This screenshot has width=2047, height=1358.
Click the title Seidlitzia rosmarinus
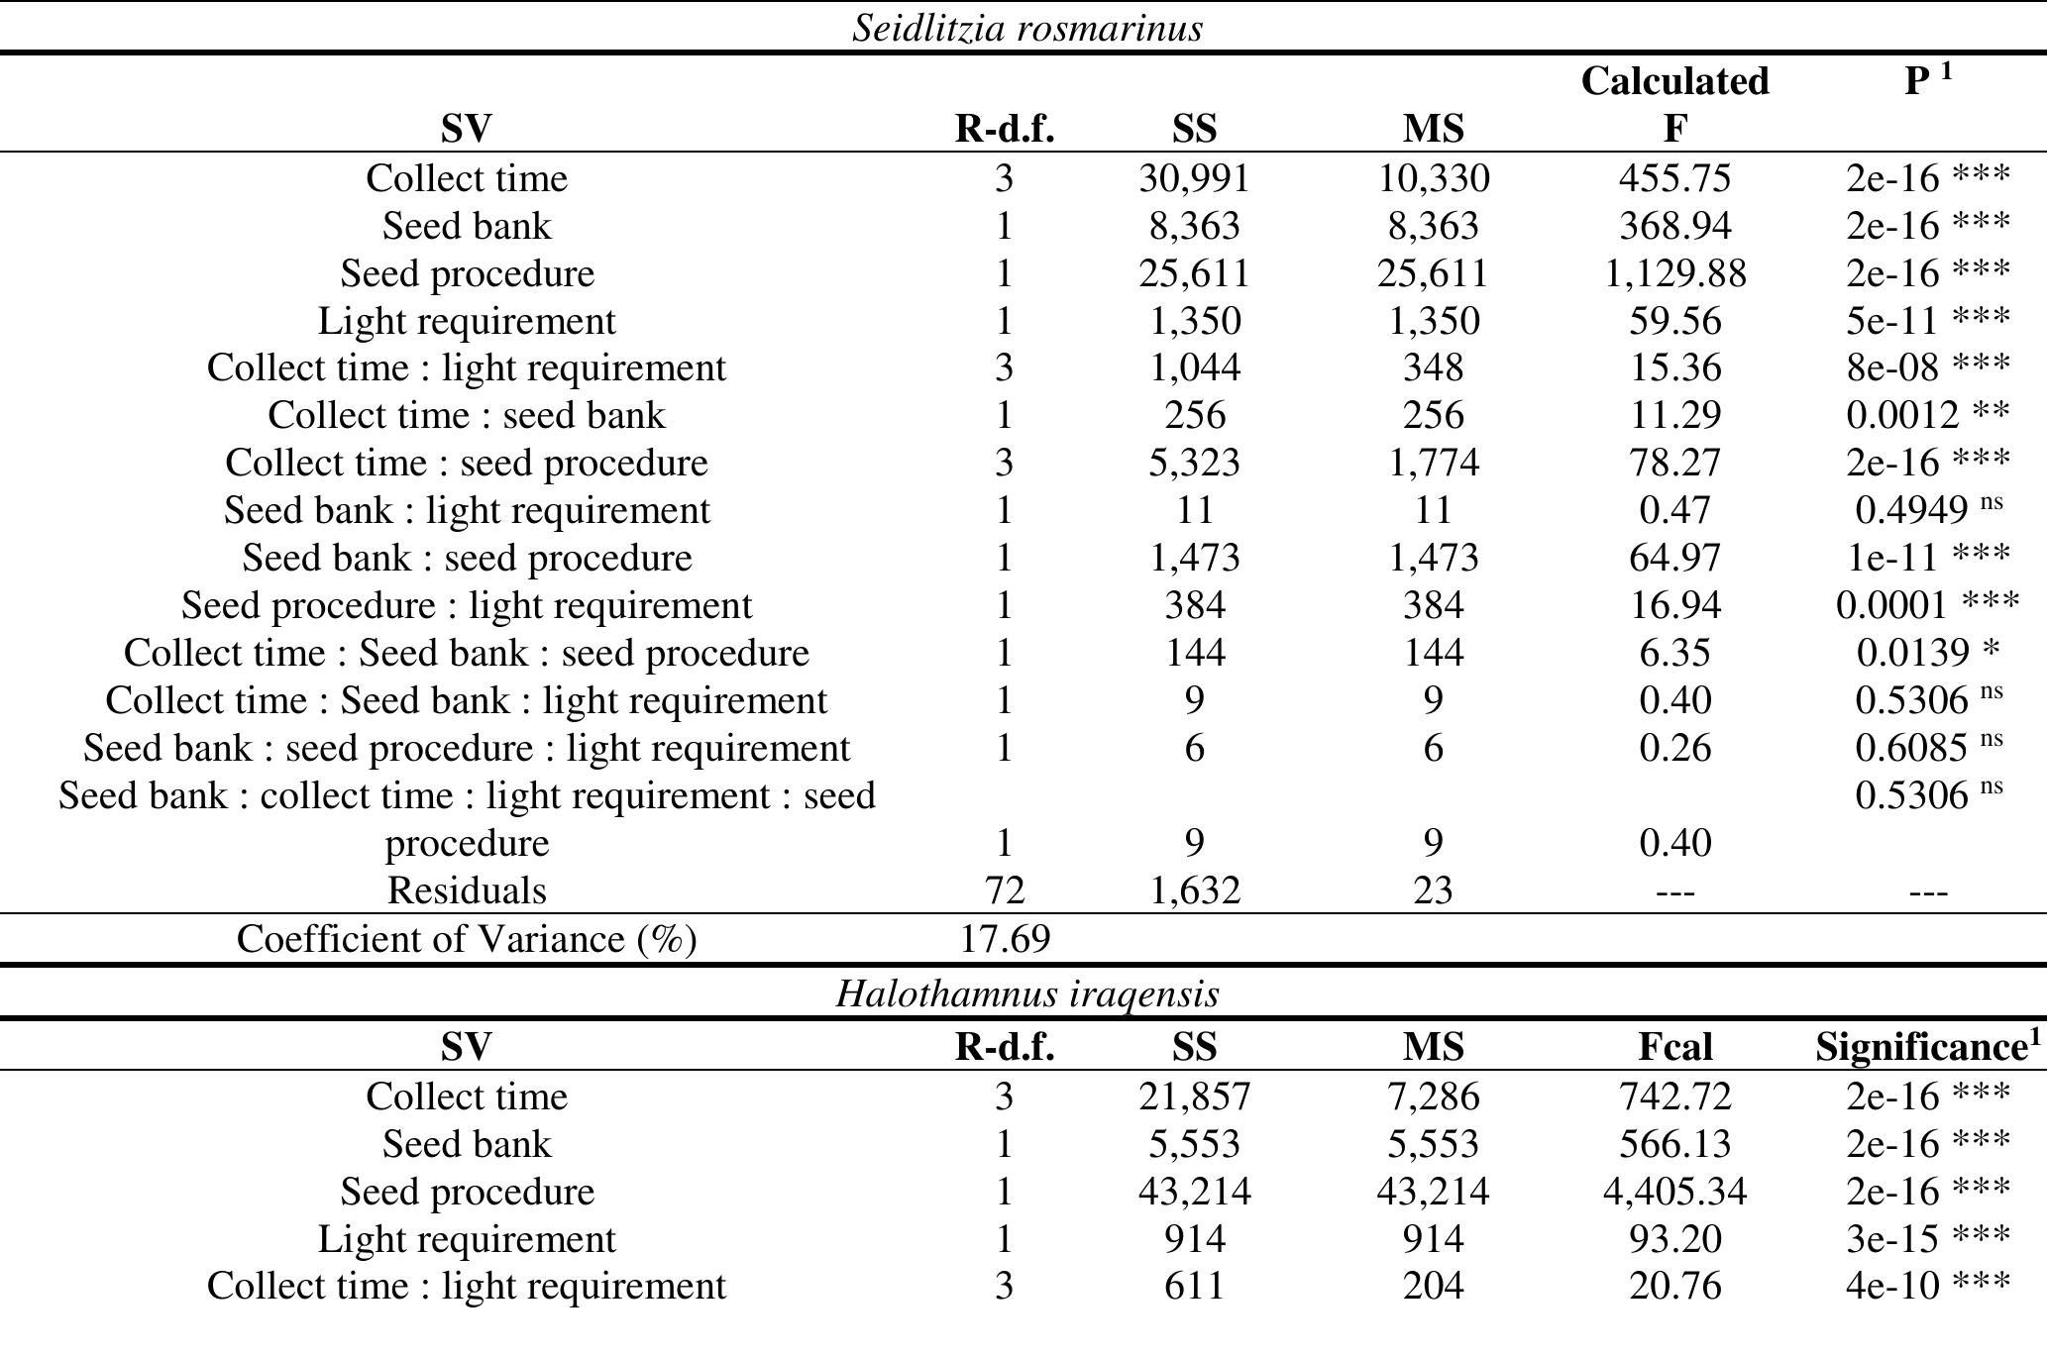(x=1027, y=28)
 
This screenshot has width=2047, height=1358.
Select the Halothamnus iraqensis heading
(x=1027, y=992)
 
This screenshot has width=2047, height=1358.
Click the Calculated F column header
(x=1674, y=104)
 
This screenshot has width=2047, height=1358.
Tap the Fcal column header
(x=1674, y=1047)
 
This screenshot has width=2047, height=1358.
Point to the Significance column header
(x=1927, y=1047)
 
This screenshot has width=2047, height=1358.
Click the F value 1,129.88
(x=1674, y=273)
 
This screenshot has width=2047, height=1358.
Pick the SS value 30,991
(x=1194, y=178)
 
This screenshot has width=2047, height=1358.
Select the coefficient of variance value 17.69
(x=1005, y=939)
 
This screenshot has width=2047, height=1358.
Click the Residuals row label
(x=467, y=890)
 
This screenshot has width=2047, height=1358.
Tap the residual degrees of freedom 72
(x=1005, y=890)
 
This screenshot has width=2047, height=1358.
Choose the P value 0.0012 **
(x=1927, y=415)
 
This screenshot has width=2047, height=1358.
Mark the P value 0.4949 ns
(x=1927, y=510)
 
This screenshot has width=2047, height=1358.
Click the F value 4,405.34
(x=1674, y=1192)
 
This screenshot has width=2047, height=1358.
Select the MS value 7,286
(x=1433, y=1097)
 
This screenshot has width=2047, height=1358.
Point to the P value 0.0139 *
(x=1927, y=653)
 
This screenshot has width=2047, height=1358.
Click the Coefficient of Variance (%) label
(x=467, y=939)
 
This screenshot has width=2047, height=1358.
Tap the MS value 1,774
(x=1433, y=463)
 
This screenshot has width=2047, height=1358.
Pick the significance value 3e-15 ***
(x=1927, y=1239)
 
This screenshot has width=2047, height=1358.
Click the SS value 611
(x=1194, y=1286)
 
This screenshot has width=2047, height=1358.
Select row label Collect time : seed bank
(x=467, y=415)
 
